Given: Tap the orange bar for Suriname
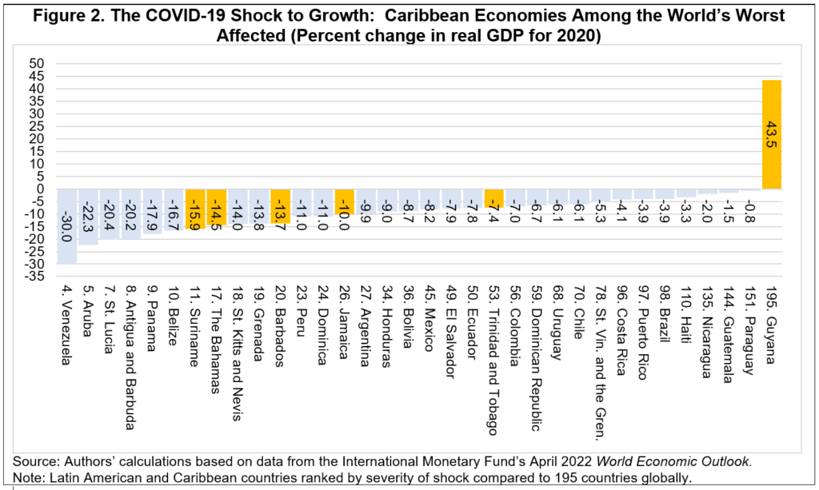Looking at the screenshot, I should click(x=195, y=209).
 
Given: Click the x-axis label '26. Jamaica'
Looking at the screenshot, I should click(x=345, y=325).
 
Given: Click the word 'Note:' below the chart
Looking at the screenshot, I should click(x=30, y=478).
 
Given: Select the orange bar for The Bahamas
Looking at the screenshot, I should click(x=217, y=208).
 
